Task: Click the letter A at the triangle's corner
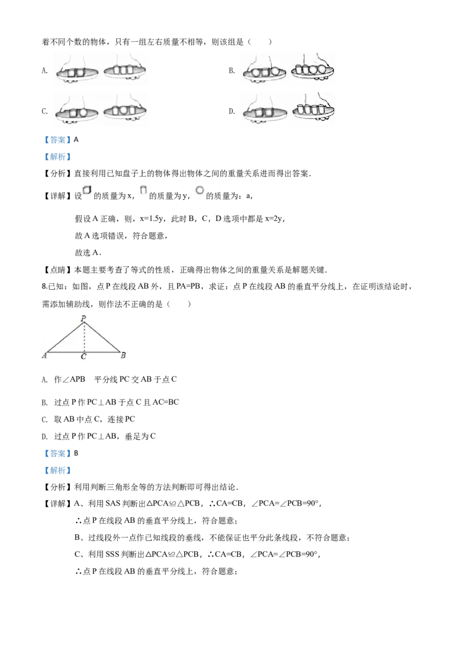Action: pos(44,356)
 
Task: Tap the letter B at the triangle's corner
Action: pos(123,355)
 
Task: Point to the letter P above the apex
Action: pos(84,317)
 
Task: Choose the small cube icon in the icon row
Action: pos(87,190)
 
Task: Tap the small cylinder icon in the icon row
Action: pos(144,189)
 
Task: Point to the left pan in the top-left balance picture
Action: pos(77,74)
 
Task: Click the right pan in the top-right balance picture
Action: pos(313,71)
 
